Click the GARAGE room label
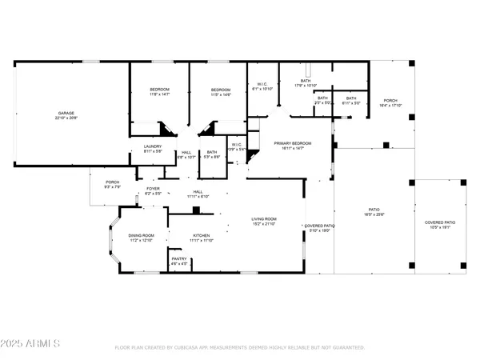click(x=65, y=115)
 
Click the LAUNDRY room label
click(x=153, y=148)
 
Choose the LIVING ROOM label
click(x=263, y=221)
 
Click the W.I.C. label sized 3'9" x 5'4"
click(x=237, y=147)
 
